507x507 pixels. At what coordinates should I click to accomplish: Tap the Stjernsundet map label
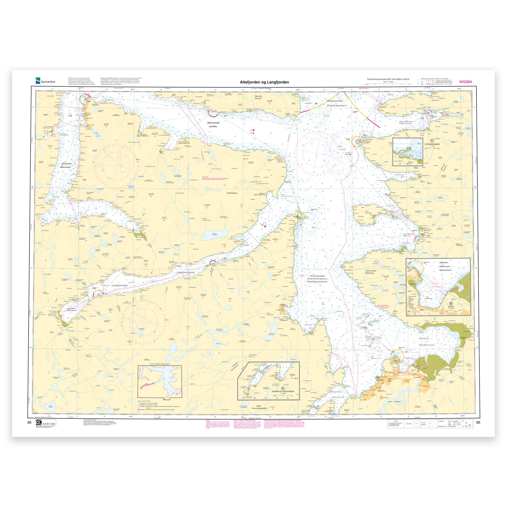(x=213, y=123)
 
